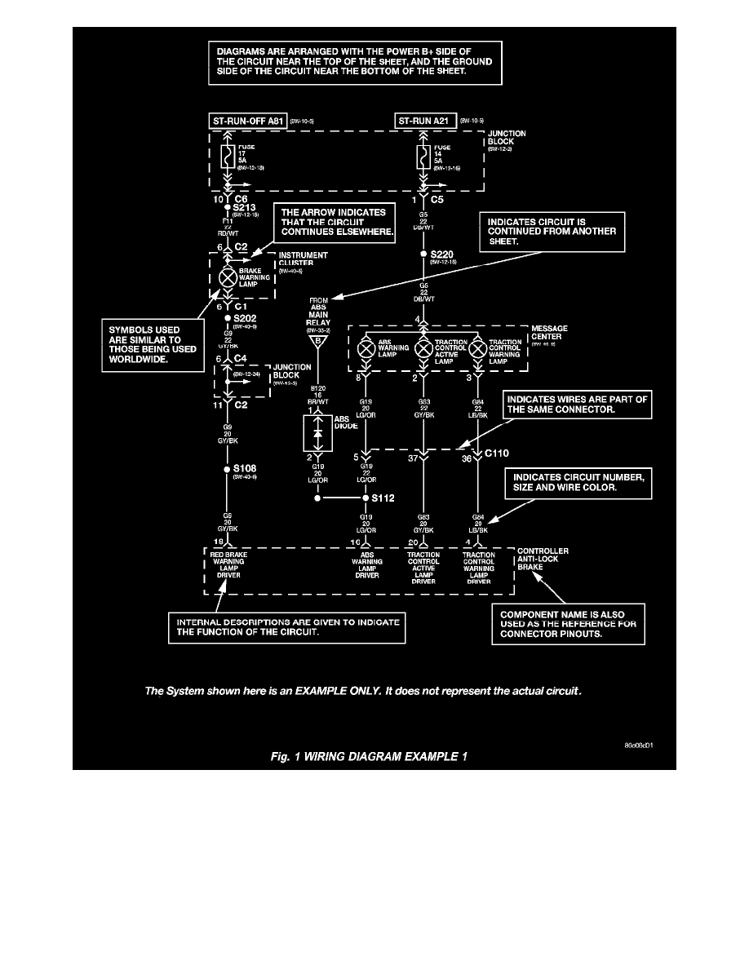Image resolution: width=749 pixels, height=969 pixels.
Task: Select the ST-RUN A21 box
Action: (425, 122)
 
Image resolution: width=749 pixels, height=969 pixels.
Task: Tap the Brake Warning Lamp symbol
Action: (228, 277)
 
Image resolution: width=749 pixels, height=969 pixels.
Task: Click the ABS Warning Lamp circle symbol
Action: (366, 349)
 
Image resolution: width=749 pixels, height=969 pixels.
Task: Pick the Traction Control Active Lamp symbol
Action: (423, 349)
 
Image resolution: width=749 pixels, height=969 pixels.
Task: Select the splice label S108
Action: (245, 469)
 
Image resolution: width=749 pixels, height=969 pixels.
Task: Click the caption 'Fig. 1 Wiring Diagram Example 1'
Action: (369, 755)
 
